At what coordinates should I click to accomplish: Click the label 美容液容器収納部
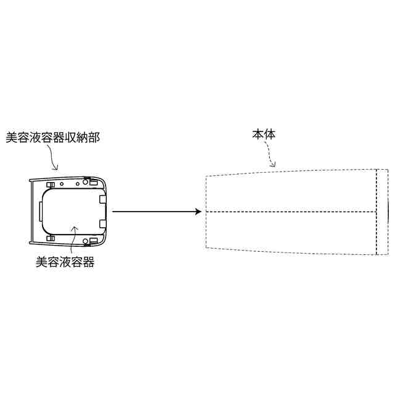(52, 137)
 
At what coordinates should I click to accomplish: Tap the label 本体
(263, 134)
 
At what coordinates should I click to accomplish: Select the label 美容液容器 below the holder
(65, 262)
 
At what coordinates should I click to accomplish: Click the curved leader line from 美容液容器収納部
(54, 159)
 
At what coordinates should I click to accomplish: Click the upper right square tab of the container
(102, 199)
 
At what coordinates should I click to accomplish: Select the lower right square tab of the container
(102, 223)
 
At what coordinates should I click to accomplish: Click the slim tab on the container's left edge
(39, 212)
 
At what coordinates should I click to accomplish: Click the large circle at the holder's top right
(94, 181)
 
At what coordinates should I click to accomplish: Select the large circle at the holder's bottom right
(94, 241)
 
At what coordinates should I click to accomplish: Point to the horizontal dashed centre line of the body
(290, 212)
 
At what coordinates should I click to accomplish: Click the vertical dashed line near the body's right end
(376, 212)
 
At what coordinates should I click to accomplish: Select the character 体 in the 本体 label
(270, 134)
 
